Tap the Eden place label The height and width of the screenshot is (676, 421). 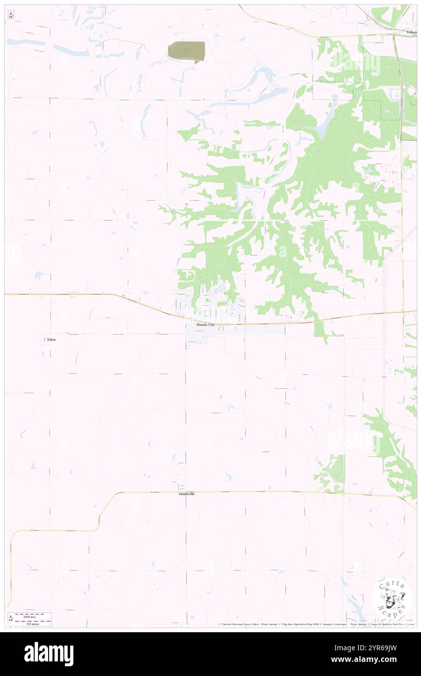[x=51, y=339]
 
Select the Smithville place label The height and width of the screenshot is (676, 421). [x=187, y=494]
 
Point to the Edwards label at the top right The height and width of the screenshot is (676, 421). [x=412, y=32]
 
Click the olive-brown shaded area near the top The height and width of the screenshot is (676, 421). [x=186, y=50]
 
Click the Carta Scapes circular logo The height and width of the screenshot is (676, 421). [x=392, y=597]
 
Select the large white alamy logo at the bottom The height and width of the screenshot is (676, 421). [x=49, y=654]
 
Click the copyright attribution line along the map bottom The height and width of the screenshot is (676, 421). [x=316, y=624]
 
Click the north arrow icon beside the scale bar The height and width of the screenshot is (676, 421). [x=11, y=618]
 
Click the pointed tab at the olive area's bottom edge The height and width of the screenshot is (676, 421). [x=196, y=62]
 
